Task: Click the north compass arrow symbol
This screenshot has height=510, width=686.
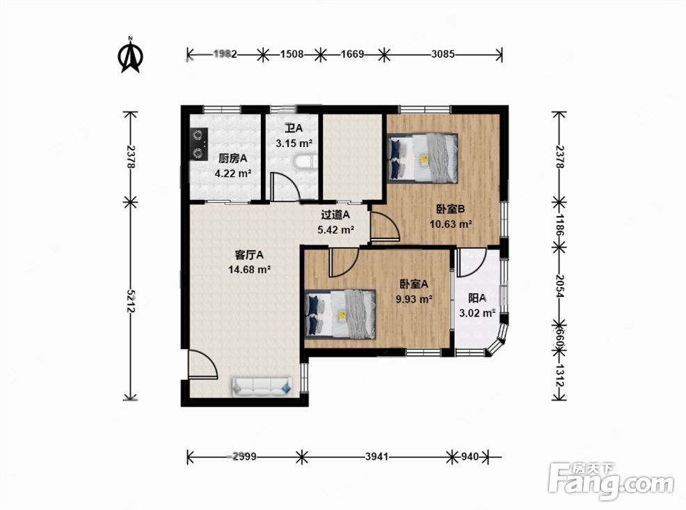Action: click(x=130, y=55)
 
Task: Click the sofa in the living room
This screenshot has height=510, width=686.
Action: click(x=262, y=387)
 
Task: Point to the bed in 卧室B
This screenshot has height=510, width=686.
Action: click(x=422, y=157)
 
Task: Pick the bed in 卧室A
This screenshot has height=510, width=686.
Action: click(x=340, y=314)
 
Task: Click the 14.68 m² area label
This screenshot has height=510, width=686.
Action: click(x=249, y=270)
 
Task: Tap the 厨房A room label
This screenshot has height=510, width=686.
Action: click(x=233, y=158)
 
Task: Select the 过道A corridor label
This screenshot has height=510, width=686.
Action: click(x=335, y=215)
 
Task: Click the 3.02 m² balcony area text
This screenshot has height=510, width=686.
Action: click(x=477, y=313)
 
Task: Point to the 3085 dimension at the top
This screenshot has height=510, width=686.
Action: click(x=442, y=54)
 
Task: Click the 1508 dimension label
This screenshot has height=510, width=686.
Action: click(x=292, y=54)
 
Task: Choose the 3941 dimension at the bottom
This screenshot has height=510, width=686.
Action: click(x=376, y=457)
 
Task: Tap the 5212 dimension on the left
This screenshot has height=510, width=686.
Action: click(x=130, y=301)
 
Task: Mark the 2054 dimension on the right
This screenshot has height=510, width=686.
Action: click(x=559, y=286)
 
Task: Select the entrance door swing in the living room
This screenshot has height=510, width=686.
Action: click(x=202, y=364)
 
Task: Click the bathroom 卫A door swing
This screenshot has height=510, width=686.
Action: click(x=285, y=187)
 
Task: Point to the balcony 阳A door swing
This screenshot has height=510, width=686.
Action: click(x=472, y=263)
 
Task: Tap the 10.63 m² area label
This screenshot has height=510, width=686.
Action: click(x=451, y=224)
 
